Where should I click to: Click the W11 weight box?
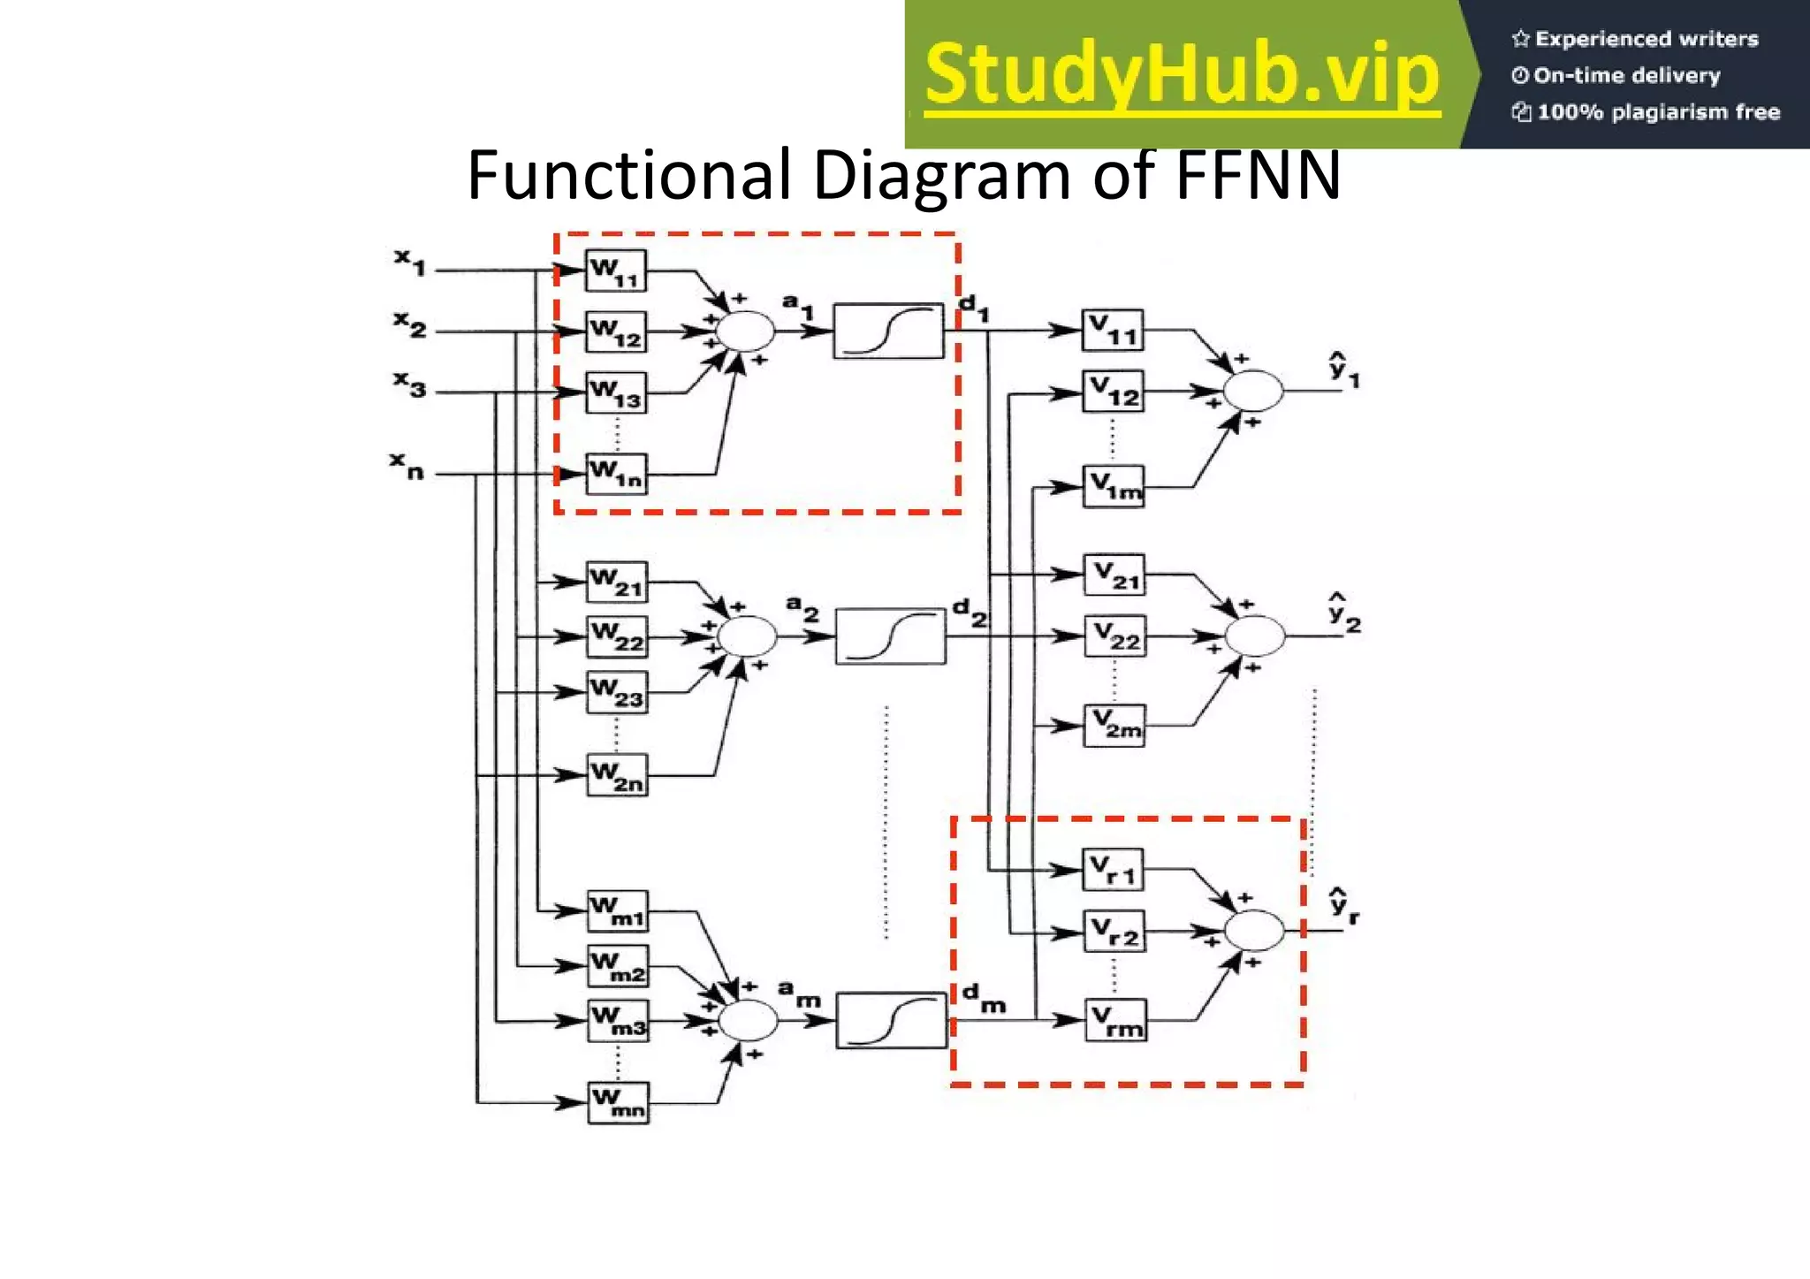pyautogui.click(x=616, y=270)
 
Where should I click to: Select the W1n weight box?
pyautogui.click(x=617, y=474)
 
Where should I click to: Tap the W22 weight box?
pyautogui.click(x=617, y=636)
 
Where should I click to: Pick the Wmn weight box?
pyautogui.click(x=618, y=1102)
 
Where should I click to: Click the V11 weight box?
pyautogui.click(x=1113, y=331)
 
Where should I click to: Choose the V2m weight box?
pyautogui.click(x=1114, y=726)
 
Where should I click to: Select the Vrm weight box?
pyautogui.click(x=1116, y=1020)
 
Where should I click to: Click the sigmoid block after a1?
pyautogui.click(x=888, y=331)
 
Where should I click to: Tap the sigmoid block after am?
pyautogui.click(x=891, y=1020)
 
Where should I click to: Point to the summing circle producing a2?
pyautogui.click(x=748, y=636)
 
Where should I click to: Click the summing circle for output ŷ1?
pyautogui.click(x=1252, y=391)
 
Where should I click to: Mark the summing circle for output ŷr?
pyautogui.click(x=1253, y=930)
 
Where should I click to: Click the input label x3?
pyautogui.click(x=410, y=384)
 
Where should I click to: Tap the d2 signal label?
pyautogui.click(x=969, y=612)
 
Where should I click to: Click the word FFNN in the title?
pyautogui.click(x=1258, y=175)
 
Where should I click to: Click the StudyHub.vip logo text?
pyautogui.click(x=1182, y=76)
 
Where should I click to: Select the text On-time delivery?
pyautogui.click(x=1617, y=75)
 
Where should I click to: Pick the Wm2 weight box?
pyautogui.click(x=618, y=966)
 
